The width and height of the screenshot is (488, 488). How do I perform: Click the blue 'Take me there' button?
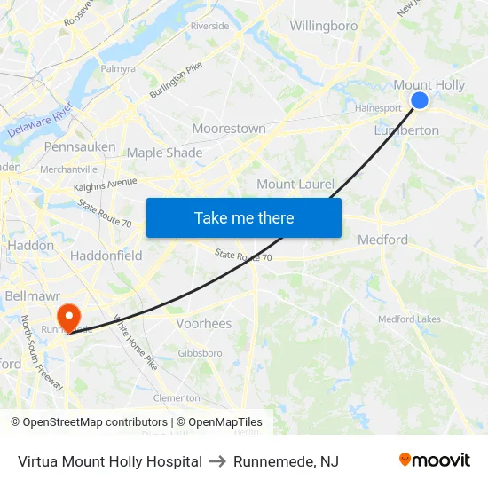(244, 217)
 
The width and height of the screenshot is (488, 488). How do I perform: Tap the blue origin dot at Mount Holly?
(420, 100)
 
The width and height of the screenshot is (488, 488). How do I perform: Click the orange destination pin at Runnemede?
(68, 317)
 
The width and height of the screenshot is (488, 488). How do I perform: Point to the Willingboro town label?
(324, 26)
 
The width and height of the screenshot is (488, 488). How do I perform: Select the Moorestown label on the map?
(229, 129)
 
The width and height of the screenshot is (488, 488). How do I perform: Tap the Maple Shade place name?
(164, 153)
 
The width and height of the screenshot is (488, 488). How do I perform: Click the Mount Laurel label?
(295, 185)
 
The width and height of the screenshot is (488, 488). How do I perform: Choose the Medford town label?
(382, 240)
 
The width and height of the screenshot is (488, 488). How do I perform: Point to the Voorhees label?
(204, 323)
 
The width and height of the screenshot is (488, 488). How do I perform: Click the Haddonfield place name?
(106, 256)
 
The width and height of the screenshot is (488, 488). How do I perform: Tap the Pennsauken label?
(79, 146)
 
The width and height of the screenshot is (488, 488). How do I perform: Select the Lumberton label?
(406, 130)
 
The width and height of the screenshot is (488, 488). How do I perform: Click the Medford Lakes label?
(409, 319)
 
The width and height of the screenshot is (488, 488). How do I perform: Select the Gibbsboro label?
(200, 353)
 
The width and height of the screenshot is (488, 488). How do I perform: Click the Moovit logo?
(435, 460)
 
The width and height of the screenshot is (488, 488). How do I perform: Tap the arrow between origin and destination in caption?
(217, 461)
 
